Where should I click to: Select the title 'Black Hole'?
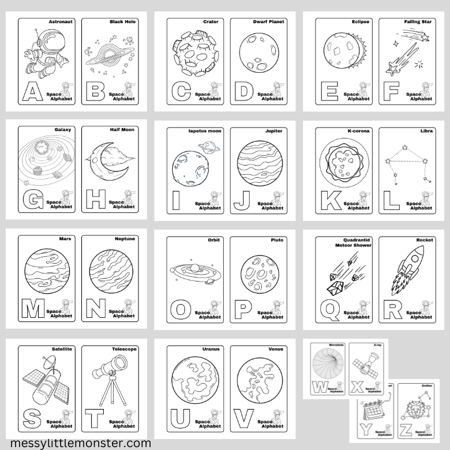pos(122,22)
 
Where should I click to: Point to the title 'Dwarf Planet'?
pos(269,22)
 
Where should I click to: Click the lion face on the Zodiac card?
pos(414,410)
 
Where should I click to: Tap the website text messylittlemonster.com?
pos(77,443)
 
